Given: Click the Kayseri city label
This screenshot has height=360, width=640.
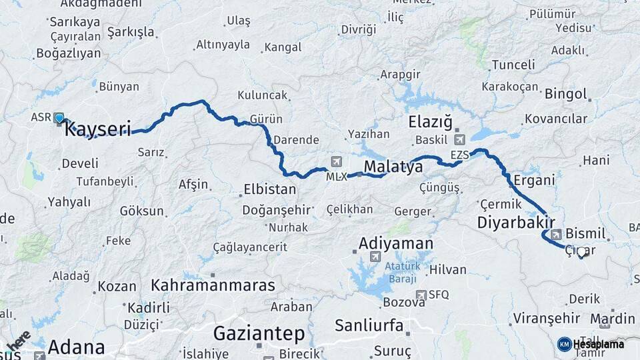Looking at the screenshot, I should coord(97,129).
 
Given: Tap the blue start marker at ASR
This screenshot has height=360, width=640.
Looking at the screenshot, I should coord(59,119).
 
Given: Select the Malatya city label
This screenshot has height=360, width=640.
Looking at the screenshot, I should coord(393,167).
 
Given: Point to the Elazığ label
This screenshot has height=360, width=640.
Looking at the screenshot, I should coord(430,123).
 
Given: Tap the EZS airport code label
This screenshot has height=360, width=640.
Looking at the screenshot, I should coord(460,155).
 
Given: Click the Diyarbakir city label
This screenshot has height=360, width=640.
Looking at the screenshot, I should coord(516,223).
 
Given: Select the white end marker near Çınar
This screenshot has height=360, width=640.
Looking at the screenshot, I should coord(582,252).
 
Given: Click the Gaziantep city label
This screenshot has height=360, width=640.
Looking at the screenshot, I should coord(259,333).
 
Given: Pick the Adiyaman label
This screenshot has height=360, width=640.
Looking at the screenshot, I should coord(396,243).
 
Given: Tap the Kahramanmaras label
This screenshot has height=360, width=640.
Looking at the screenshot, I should coord(213,285).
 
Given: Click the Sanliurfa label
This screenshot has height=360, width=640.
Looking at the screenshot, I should coord(369,326).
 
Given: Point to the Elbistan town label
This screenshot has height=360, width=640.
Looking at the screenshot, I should coord(269,189).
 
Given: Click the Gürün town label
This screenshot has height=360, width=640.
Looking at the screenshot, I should coord(266,119).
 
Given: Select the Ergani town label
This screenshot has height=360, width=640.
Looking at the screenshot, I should coord(535,181).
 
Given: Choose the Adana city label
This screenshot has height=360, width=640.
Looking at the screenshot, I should coord(76,347).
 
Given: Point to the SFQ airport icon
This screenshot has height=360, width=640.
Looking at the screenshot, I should coord(421,295).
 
